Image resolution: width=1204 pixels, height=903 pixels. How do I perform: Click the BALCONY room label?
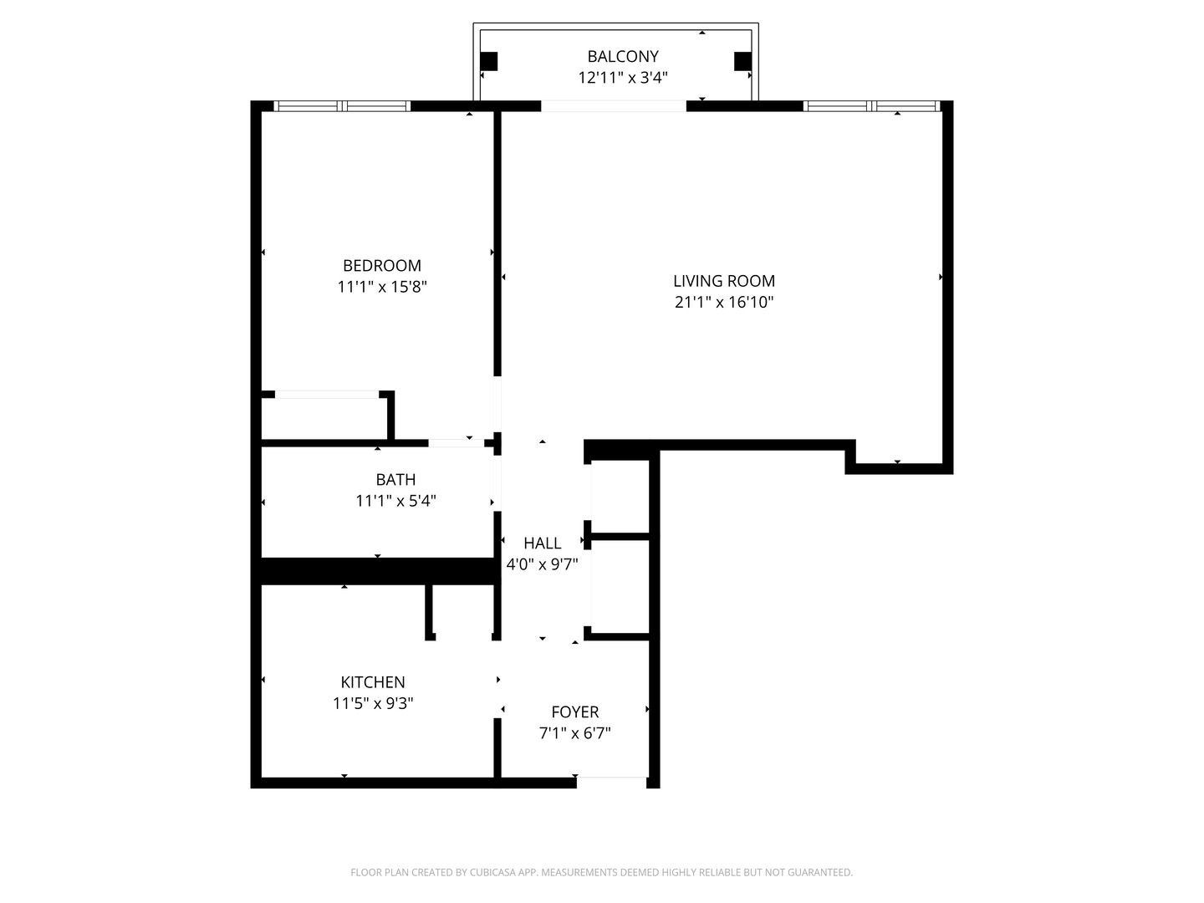[623, 56]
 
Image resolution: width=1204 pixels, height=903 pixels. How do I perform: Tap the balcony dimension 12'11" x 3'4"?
[623, 78]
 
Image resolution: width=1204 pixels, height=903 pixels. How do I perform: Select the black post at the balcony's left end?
[489, 61]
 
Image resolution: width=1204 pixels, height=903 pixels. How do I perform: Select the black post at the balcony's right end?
[742, 61]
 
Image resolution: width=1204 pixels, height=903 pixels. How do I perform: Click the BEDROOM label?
[382, 266]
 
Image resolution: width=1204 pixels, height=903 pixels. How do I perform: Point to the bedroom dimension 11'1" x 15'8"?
[382, 287]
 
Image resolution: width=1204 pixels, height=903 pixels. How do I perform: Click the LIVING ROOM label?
[724, 281]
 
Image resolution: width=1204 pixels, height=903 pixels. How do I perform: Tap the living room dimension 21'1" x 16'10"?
[724, 302]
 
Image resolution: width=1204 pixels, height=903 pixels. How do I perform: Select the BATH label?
[395, 480]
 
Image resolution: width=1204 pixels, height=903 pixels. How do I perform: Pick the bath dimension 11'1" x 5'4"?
[395, 501]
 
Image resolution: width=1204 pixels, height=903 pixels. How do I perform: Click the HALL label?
[543, 543]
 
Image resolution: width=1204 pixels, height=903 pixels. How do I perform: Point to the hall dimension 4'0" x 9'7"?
[543, 564]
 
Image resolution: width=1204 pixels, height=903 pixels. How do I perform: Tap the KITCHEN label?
[373, 682]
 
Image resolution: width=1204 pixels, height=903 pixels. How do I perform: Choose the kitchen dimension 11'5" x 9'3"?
[373, 703]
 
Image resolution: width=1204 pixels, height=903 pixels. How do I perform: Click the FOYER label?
[575, 712]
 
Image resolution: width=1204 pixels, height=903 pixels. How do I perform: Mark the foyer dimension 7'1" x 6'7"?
[575, 733]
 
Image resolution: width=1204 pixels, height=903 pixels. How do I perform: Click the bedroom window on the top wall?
[343, 106]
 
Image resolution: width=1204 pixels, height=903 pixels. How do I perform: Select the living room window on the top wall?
[871, 106]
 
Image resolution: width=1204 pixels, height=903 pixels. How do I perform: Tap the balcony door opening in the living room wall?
[614, 106]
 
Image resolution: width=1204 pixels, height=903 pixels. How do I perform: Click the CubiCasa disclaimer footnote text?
[601, 872]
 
